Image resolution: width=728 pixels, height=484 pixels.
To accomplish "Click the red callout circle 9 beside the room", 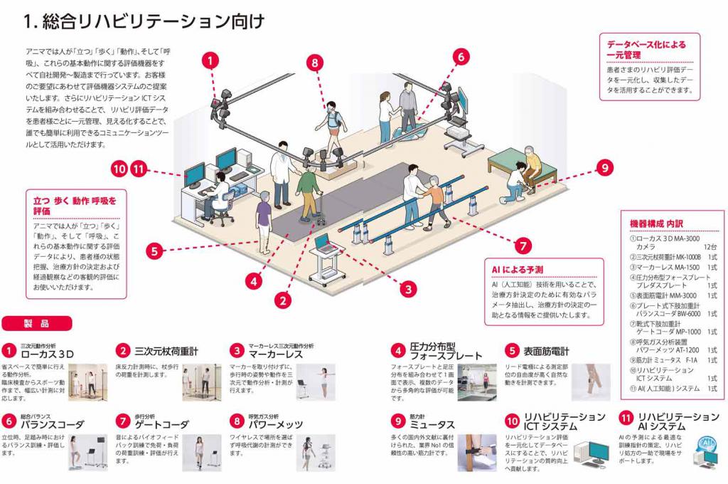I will pyautogui.click(x=604, y=168).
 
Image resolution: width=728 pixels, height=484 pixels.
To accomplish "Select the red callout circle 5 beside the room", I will pyautogui.click(x=154, y=250).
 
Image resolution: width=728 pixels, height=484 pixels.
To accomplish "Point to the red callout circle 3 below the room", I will pyautogui.click(x=407, y=289).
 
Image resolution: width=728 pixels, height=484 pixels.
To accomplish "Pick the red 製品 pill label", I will pyautogui.click(x=37, y=324).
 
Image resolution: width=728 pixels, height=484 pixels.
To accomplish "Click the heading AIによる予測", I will pyautogui.click(x=518, y=270).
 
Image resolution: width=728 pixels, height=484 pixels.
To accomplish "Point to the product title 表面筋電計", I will pyautogui.click(x=547, y=351).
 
